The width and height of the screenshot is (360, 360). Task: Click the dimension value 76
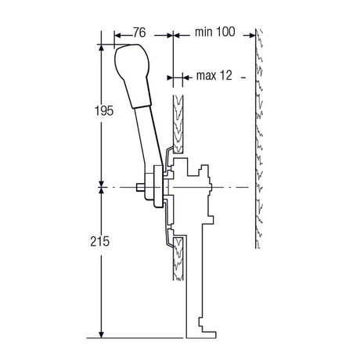pyautogui.click(x=139, y=33)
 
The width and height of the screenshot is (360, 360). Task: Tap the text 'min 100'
pyautogui.click(x=215, y=32)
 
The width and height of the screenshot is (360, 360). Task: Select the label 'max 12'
pyautogui.click(x=214, y=76)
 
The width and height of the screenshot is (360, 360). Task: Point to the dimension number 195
pyautogui.click(x=104, y=111)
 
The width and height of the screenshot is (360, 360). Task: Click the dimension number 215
pyautogui.click(x=100, y=242)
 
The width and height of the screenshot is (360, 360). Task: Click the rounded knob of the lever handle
pyautogui.click(x=132, y=62)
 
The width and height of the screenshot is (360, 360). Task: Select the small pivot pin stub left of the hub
pyautogui.click(x=141, y=187)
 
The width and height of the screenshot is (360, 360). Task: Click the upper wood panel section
pyautogui.click(x=178, y=124)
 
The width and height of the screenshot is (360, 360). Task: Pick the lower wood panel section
pyautogui.click(x=178, y=258)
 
